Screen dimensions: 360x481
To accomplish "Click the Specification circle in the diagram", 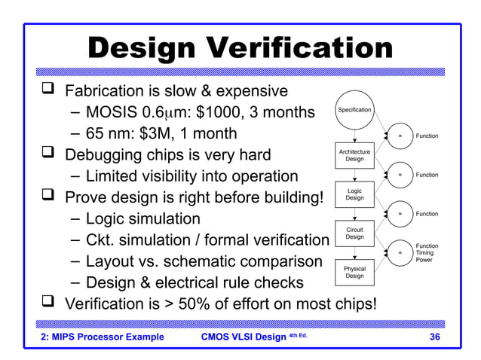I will click(x=354, y=110).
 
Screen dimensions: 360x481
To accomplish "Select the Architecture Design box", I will click(x=354, y=155).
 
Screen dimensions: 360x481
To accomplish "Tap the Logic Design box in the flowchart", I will click(x=354, y=194).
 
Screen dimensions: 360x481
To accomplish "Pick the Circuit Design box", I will click(x=354, y=233).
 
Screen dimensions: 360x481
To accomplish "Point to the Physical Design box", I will click(x=354, y=273).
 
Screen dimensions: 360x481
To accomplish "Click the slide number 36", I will click(x=434, y=337).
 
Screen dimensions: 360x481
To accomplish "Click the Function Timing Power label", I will click(x=427, y=253).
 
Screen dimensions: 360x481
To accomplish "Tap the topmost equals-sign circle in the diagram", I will click(x=400, y=136).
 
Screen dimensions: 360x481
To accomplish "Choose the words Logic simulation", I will click(x=142, y=219).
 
